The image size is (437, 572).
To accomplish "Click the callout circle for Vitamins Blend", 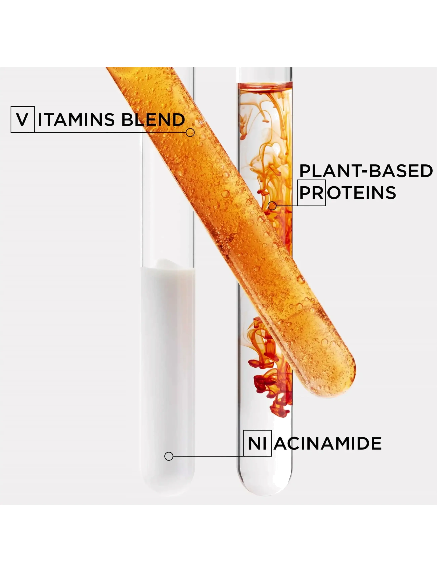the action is (x=190, y=133).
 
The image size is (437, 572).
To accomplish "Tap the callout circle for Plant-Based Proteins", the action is (x=272, y=206).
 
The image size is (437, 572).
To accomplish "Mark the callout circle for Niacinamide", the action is (x=169, y=456).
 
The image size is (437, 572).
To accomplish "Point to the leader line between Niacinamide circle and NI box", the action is (x=208, y=456).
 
